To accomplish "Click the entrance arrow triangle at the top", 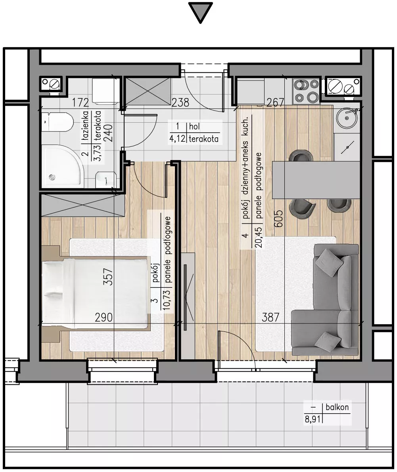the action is pyautogui.click(x=200, y=12).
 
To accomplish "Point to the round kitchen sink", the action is pyautogui.click(x=347, y=118).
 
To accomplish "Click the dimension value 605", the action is pyautogui.click(x=278, y=218).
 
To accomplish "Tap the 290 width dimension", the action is pyautogui.click(x=104, y=317).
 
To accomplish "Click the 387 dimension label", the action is pyautogui.click(x=270, y=317).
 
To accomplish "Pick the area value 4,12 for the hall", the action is pyautogui.click(x=177, y=139).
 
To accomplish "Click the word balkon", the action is pyautogui.click(x=337, y=407).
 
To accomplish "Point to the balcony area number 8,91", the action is pyautogui.click(x=313, y=419).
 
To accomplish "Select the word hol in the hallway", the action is pyautogui.click(x=194, y=126).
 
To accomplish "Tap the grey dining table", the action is pyautogui.click(x=316, y=180).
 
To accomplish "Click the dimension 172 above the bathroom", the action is pyautogui.click(x=80, y=103).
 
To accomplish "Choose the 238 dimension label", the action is pyautogui.click(x=180, y=103).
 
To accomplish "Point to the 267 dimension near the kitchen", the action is pyautogui.click(x=275, y=103).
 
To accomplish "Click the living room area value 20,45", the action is pyautogui.click(x=258, y=237).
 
